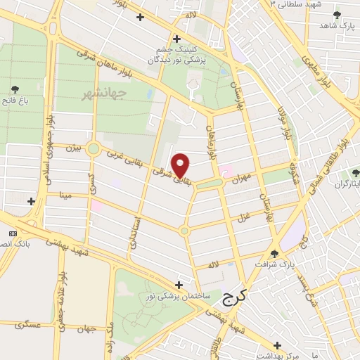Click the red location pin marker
coord(181,165)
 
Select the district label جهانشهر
coord(103,93)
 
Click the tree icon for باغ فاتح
coord(15,89)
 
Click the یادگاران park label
coord(343,184)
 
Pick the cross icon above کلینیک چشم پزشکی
coord(176,38)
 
